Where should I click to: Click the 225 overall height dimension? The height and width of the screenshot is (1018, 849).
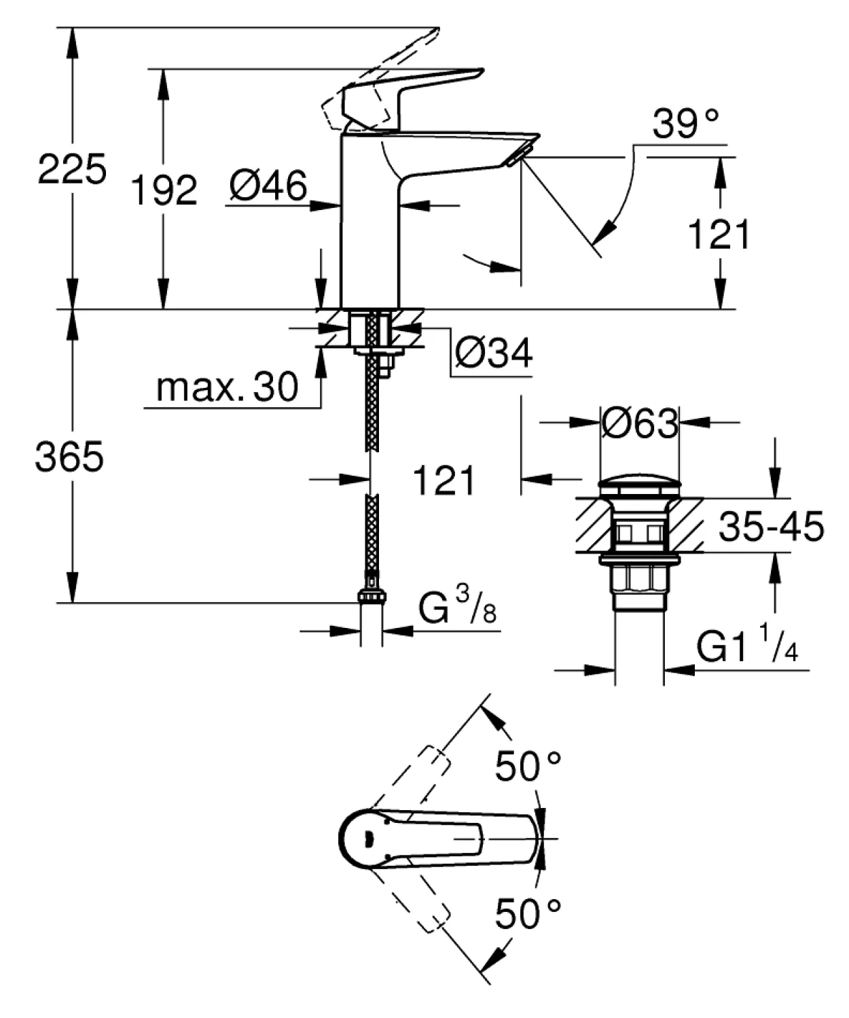coord(71,169)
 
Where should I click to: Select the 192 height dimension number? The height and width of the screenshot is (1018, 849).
coord(164,190)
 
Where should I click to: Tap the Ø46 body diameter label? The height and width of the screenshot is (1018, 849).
coord(268,185)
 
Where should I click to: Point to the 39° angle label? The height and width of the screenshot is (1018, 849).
coord(685,124)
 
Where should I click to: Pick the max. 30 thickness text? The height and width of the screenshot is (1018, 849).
coord(227,387)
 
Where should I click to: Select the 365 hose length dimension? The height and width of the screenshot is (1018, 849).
coord(69,457)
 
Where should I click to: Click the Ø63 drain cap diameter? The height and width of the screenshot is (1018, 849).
coord(640,423)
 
